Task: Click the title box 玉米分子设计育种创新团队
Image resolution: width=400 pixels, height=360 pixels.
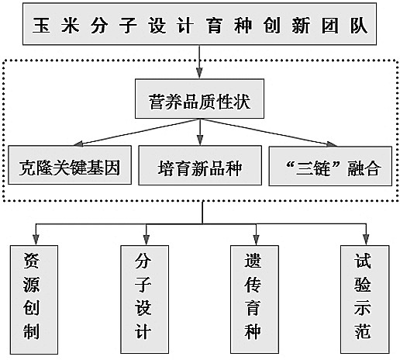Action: pyautogui.click(x=199, y=24)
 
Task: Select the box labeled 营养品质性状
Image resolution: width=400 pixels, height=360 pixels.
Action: pyautogui.click(x=199, y=99)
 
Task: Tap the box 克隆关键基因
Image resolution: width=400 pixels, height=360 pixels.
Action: pyautogui.click(x=70, y=165)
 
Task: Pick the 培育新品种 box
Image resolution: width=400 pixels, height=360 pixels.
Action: pyautogui.click(x=200, y=165)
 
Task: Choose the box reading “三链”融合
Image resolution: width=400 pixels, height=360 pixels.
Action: pyautogui.click(x=330, y=166)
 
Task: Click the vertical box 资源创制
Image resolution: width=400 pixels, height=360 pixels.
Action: pyautogui.click(x=34, y=299)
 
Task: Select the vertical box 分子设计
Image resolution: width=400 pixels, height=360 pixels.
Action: pyautogui.click(x=144, y=299)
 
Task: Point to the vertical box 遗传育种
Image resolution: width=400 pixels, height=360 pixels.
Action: pyautogui.click(x=254, y=299)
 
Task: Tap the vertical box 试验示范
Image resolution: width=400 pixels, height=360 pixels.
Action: pyautogui.click(x=365, y=299)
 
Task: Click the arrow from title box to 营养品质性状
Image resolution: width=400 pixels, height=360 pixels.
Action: pyautogui.click(x=199, y=61)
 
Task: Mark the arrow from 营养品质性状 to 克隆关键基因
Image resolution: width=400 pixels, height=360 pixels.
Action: pyautogui.click(x=136, y=133)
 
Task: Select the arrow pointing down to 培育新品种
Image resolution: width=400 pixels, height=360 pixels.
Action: pyautogui.click(x=200, y=132)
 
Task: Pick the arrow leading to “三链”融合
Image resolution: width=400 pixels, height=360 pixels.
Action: pyautogui.click(x=268, y=133)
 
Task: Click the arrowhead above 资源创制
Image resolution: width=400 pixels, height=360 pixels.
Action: pyautogui.click(x=36, y=240)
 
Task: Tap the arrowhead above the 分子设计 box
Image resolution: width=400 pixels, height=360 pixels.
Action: pyautogui.click(x=147, y=240)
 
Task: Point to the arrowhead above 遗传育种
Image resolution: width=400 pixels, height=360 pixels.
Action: pyautogui.click(x=256, y=240)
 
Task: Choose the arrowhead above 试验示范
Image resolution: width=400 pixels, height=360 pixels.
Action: pyautogui.click(x=366, y=240)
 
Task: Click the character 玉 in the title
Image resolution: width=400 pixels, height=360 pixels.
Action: pyautogui.click(x=41, y=26)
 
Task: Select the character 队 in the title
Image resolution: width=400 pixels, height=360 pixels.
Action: pyautogui.click(x=359, y=26)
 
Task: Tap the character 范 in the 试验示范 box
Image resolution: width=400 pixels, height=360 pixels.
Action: pyautogui.click(x=363, y=331)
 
